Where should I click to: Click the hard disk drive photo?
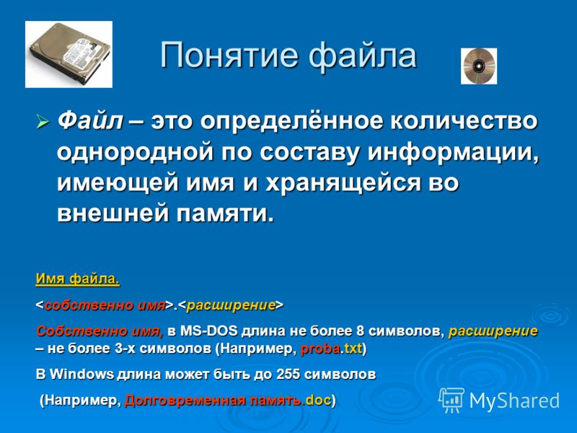click(69, 54)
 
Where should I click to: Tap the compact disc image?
click(479, 66)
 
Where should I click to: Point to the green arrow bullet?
click(43, 121)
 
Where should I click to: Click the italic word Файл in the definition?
click(90, 121)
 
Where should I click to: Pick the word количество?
click(464, 121)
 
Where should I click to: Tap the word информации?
click(454, 152)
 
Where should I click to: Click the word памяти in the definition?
click(225, 213)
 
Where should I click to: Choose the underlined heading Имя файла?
click(78, 279)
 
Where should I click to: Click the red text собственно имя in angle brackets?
click(105, 305)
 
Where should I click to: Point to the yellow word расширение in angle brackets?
click(231, 305)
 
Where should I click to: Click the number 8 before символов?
click(360, 331)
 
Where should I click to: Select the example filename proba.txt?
click(331, 349)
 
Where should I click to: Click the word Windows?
click(82, 374)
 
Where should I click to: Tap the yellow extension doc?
click(318, 400)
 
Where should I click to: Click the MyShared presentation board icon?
click(452, 401)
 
